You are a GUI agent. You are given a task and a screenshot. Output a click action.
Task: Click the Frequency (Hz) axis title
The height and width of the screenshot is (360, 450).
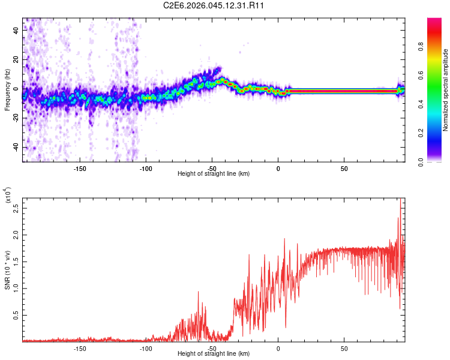click(x=7, y=90)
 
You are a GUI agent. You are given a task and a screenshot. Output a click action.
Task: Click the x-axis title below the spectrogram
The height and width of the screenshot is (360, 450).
click(x=214, y=174)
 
